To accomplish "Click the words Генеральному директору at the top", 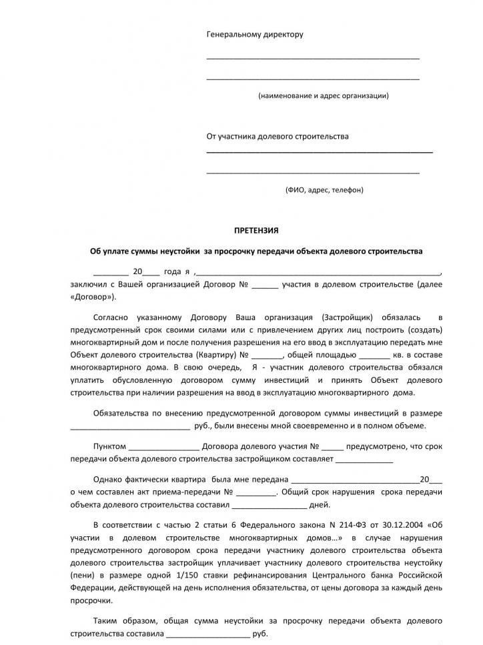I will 255,34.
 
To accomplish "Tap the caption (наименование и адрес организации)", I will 324,95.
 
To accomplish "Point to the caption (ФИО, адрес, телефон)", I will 324,189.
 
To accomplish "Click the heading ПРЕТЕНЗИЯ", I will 256,230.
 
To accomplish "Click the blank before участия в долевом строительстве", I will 266,285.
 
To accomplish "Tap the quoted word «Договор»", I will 91,297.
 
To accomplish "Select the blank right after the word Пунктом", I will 163,448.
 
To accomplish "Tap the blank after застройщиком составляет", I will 364,460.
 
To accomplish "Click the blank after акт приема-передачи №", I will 256,492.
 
